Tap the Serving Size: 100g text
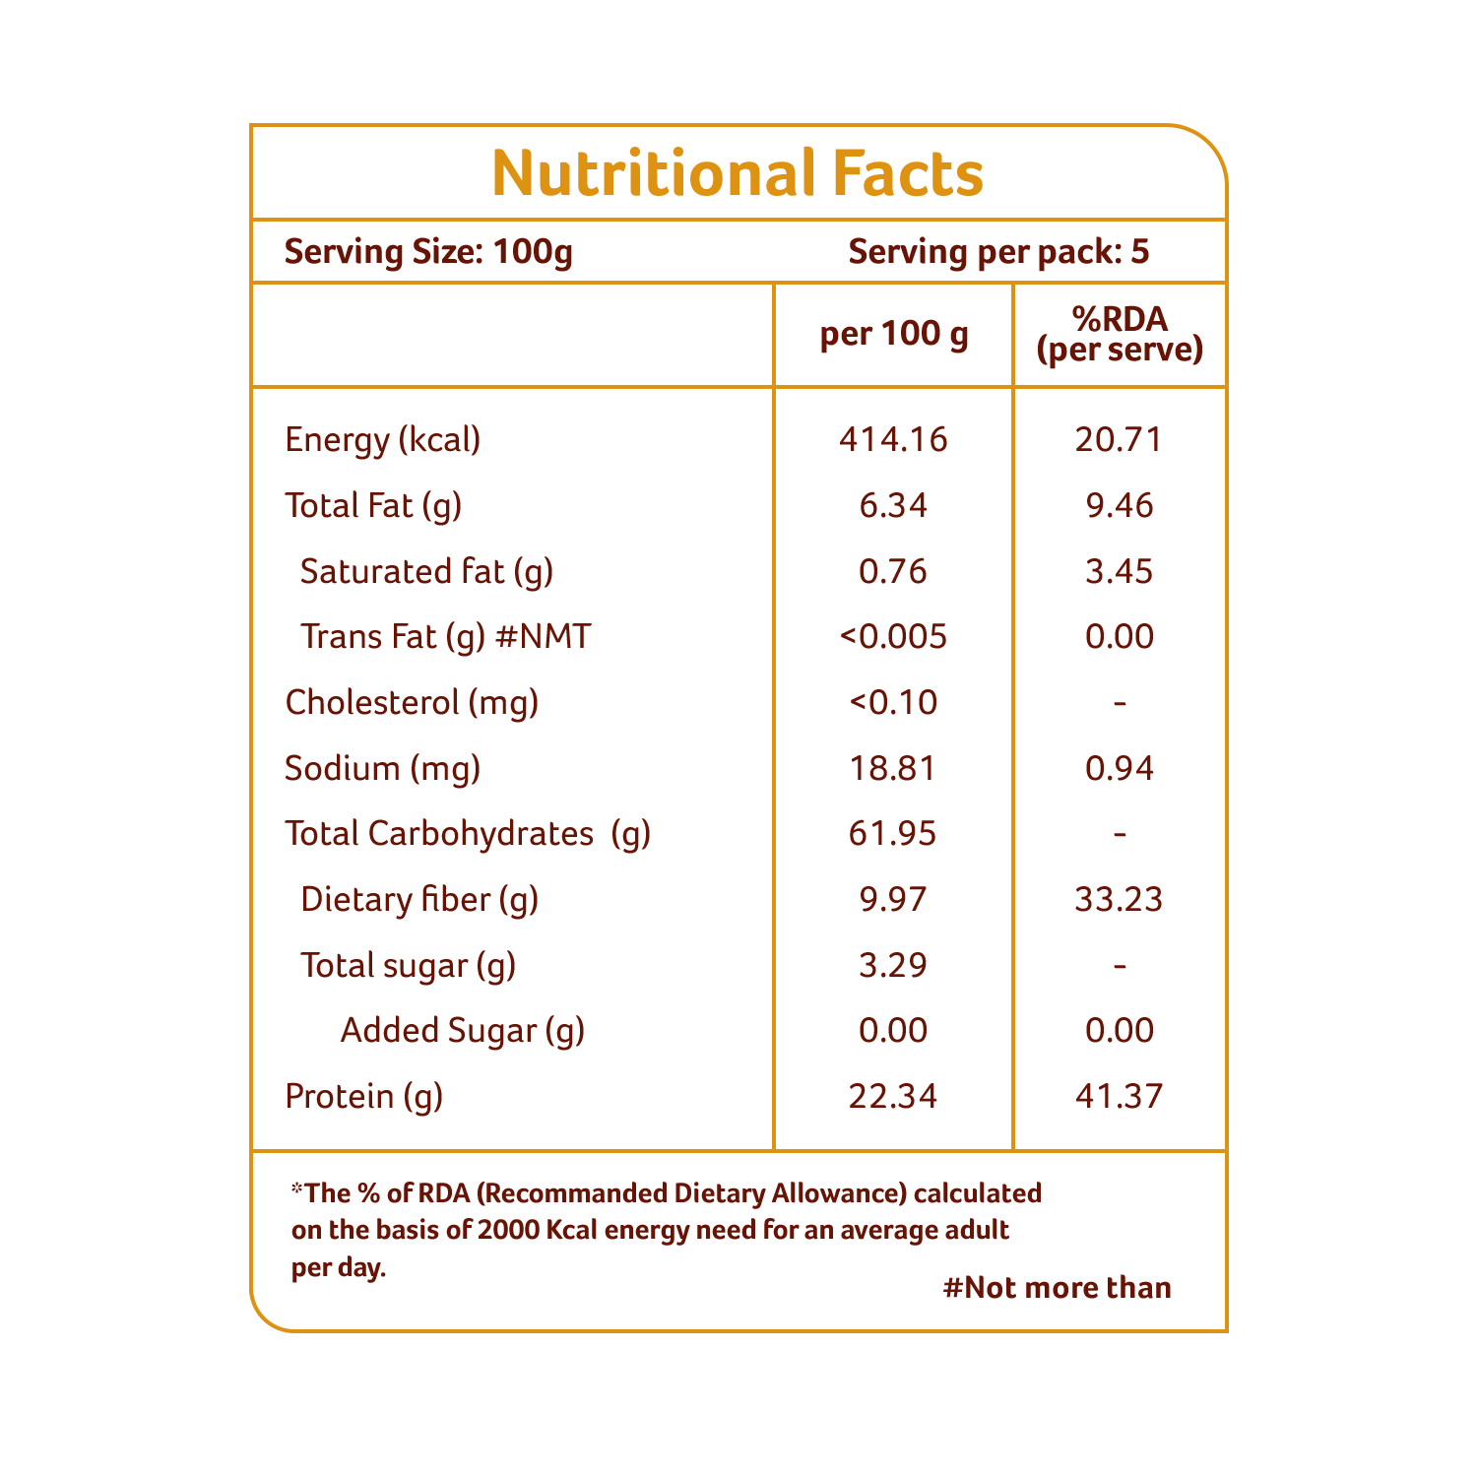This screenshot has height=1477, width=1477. pyautogui.click(x=428, y=253)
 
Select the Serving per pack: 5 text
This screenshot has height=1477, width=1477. pyautogui.click(x=998, y=253)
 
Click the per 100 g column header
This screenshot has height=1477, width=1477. pyautogui.click(x=894, y=335)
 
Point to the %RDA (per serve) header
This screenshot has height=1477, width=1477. pyautogui.click(x=1120, y=335)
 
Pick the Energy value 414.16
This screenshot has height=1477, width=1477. pyautogui.click(x=893, y=439)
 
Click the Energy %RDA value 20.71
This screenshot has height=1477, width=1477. pyautogui.click(x=1120, y=439)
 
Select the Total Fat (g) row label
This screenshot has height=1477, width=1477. pyautogui.click(x=373, y=506)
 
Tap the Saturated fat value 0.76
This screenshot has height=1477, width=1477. pyautogui.click(x=893, y=571)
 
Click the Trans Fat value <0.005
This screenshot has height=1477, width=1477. pyautogui.click(x=893, y=636)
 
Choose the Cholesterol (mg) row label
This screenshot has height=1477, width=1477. pyautogui.click(x=412, y=703)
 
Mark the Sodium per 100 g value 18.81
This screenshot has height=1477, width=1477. pyautogui.click(x=893, y=768)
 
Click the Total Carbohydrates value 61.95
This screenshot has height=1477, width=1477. pyautogui.click(x=893, y=834)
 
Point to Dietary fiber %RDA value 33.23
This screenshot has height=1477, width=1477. pyautogui.click(x=1120, y=899)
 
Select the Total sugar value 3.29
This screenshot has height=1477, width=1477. pyautogui.click(x=893, y=965)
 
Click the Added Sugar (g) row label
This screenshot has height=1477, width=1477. pyautogui.click(x=463, y=1031)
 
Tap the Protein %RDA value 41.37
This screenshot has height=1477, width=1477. pyautogui.click(x=1120, y=1096)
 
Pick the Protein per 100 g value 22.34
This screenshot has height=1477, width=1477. pyautogui.click(x=893, y=1096)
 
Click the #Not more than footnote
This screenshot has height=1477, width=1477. pyautogui.click(x=1058, y=1288)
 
